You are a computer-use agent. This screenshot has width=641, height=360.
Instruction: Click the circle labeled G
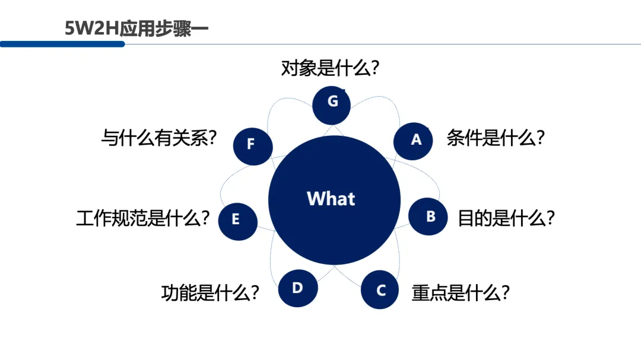tap(332, 105)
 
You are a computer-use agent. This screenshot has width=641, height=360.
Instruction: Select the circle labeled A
tap(414, 141)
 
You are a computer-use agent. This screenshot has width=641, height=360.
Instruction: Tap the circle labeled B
tap(430, 217)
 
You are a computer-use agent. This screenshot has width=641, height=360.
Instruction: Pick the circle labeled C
tap(380, 290)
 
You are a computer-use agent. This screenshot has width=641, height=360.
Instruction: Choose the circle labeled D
tap(298, 288)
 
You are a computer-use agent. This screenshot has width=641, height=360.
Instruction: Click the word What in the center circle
tap(331, 198)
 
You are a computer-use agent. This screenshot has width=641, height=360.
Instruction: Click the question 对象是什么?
tap(330, 68)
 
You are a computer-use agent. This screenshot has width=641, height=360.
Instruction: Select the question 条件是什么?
tap(496, 139)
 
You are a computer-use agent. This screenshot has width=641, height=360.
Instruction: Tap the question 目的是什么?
tap(506, 219)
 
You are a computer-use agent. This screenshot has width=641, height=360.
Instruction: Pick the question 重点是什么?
tap(461, 293)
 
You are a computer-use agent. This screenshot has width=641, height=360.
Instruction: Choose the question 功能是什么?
tap(210, 293)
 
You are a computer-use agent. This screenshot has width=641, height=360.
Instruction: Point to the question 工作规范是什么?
tap(143, 219)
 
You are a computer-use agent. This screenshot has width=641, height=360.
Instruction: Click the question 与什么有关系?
tap(158, 139)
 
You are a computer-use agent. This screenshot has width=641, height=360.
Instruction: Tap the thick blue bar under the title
tap(62, 44)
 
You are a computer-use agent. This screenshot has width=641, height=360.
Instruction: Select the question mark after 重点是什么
tap(505, 293)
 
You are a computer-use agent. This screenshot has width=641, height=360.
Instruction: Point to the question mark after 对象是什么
tap(374, 68)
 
